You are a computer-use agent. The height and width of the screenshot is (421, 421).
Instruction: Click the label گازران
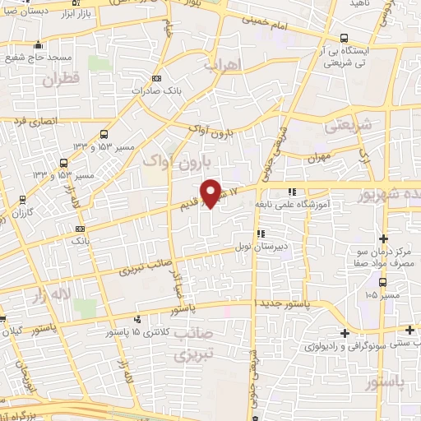21,213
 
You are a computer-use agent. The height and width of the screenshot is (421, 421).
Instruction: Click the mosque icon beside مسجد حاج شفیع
38,45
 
